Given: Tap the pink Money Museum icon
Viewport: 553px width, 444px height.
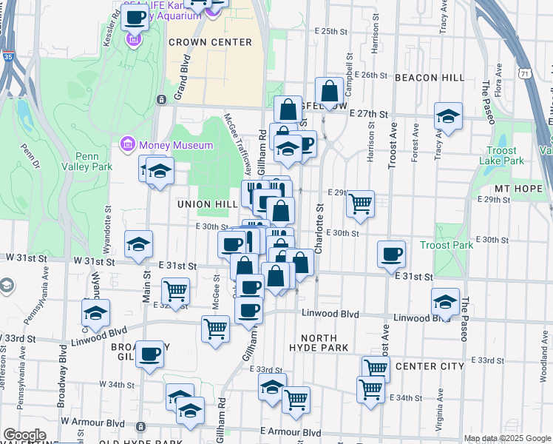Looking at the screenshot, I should click(126, 143).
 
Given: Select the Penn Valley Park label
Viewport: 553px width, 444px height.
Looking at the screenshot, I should click(93, 161).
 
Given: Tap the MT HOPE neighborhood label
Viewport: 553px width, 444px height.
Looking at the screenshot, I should click(523, 189).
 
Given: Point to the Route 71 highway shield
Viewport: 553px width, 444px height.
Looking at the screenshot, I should click(523, 73).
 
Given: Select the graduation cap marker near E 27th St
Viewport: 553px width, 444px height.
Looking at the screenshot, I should click(448, 116).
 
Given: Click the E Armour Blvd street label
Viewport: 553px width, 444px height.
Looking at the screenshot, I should click(291, 432).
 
